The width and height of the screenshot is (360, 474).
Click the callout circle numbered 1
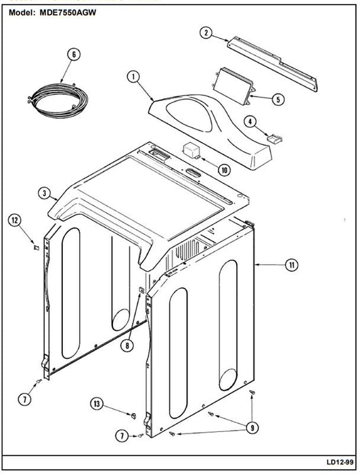[x=133, y=77]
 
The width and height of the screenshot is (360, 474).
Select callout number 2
[x=206, y=33]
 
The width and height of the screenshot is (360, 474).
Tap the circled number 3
[x=45, y=193]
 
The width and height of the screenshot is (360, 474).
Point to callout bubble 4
[x=250, y=122]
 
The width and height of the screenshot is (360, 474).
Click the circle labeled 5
[x=278, y=99]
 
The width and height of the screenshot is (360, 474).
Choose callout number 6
[x=74, y=55]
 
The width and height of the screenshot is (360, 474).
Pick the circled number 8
[x=127, y=345]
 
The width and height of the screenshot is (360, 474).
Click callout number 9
[x=252, y=427]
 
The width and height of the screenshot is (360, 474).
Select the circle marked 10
[x=224, y=170]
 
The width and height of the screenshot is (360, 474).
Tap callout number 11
[x=292, y=265]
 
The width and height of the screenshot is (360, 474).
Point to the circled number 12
[x=14, y=220]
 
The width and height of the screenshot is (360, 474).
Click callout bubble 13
[x=97, y=404]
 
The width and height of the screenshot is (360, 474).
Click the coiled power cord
[x=56, y=100]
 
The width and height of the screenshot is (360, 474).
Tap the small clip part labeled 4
[x=275, y=139]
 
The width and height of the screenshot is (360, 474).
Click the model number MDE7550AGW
[x=68, y=12]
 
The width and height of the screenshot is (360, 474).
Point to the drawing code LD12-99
[x=340, y=462]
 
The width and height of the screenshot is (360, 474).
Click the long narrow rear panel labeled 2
[x=273, y=64]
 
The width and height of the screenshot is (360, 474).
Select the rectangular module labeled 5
[x=233, y=86]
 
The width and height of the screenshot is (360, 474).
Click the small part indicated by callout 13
[x=133, y=416]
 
